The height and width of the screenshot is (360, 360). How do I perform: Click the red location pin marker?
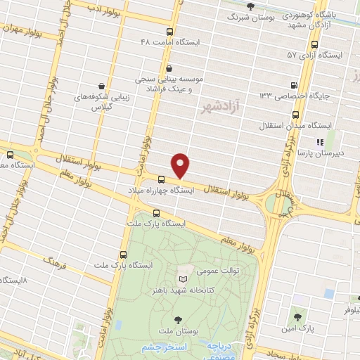pyautogui.click(x=181, y=165)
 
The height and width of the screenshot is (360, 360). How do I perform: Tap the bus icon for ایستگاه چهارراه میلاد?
pyautogui.click(x=162, y=179)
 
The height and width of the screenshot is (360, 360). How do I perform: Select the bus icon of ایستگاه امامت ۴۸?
pyautogui.click(x=169, y=32)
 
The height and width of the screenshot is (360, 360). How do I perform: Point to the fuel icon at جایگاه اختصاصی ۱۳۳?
pyautogui.click(x=292, y=95)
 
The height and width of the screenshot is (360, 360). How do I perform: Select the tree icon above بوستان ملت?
pyautogui.click(x=186, y=319)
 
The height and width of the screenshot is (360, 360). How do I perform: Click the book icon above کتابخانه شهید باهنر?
pyautogui.click(x=185, y=279)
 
